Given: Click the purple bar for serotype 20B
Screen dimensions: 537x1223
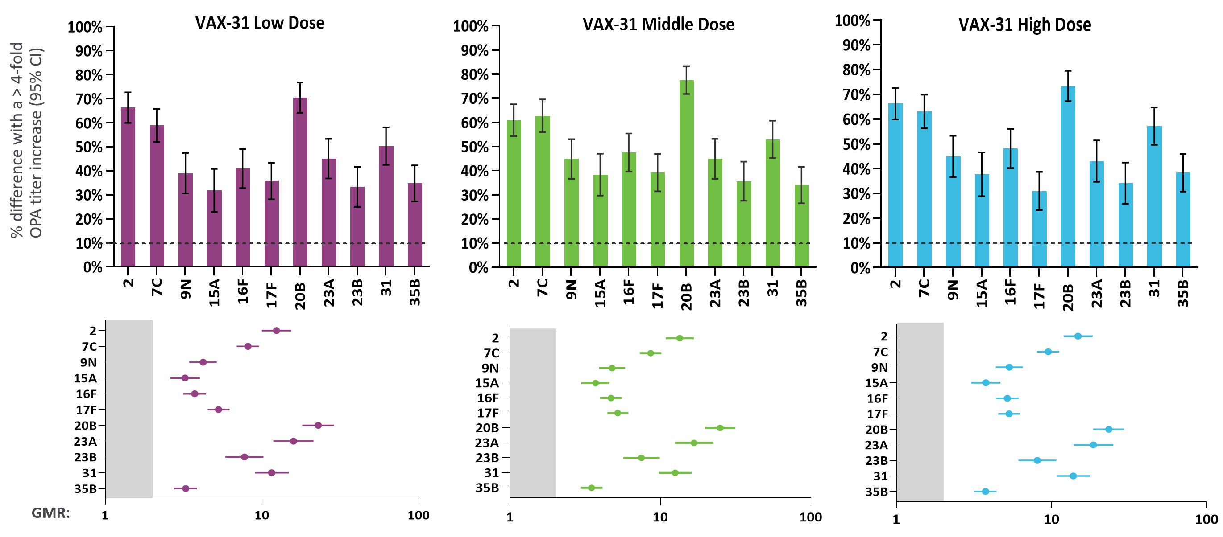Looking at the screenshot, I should (300, 183).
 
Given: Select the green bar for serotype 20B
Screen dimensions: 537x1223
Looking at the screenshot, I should (686, 174).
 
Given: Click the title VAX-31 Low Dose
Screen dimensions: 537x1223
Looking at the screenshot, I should (260, 23).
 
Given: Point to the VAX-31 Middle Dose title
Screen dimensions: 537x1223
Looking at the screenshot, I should (658, 24).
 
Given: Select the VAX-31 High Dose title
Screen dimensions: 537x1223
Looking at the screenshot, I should (1024, 24).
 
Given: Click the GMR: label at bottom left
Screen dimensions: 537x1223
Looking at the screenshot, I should (51, 513).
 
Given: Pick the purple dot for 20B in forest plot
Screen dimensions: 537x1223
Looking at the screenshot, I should (318, 426).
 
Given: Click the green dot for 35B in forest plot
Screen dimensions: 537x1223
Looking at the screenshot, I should (591, 488).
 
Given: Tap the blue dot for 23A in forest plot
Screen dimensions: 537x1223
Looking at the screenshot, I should (1093, 445).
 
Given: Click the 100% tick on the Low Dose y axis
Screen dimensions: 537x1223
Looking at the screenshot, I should (86, 27).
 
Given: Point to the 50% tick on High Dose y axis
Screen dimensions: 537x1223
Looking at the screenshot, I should (857, 144).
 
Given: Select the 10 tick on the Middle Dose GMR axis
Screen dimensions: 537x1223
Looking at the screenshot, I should (660, 517).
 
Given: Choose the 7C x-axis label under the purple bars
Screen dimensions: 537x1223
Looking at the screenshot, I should (157, 287).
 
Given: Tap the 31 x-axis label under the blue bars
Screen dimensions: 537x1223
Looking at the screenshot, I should (1154, 287).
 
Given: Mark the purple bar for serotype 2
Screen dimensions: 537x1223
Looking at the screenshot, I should (128, 187).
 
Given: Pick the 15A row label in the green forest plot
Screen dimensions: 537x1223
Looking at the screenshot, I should (487, 383).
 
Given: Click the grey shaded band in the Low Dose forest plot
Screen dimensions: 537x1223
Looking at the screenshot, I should (129, 409).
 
